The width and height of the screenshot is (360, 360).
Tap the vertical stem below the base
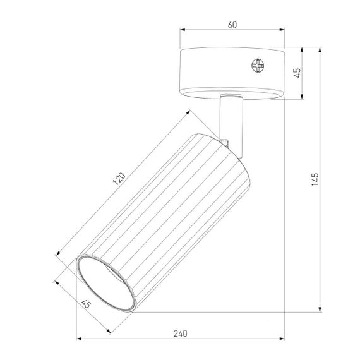[229, 116]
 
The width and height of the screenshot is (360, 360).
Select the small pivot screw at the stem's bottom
[225, 140]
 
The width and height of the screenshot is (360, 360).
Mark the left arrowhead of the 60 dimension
[182, 31]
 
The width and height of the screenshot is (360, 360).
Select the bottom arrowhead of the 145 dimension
[321, 311]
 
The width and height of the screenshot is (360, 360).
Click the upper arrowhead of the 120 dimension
[190, 112]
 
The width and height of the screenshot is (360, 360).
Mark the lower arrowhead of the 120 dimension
[58, 253]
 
